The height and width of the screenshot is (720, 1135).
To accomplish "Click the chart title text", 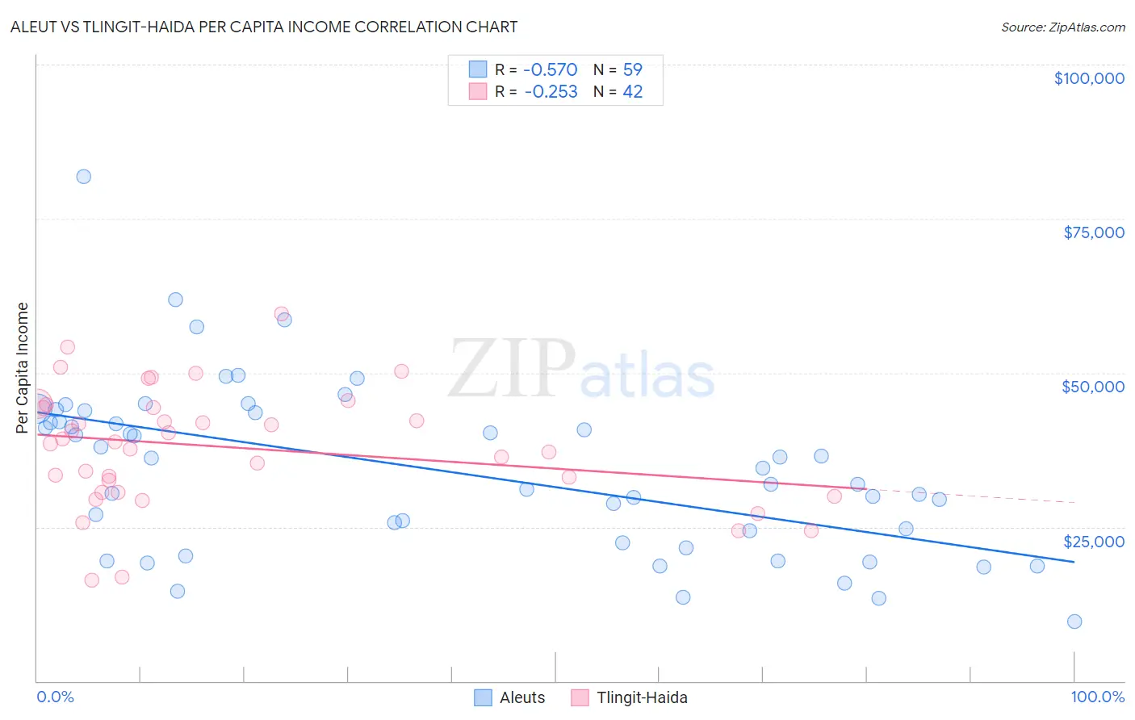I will pyautogui.click(x=264, y=27).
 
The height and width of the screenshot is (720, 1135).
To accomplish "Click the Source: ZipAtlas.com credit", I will pyautogui.click(x=1062, y=27).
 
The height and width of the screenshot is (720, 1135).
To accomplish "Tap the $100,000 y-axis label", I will pyautogui.click(x=1089, y=78).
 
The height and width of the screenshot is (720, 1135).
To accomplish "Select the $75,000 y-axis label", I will pyautogui.click(x=1093, y=232).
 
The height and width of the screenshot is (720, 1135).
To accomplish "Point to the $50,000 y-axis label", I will pyautogui.click(x=1092, y=387).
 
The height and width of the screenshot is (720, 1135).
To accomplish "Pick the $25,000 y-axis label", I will pyautogui.click(x=1093, y=541).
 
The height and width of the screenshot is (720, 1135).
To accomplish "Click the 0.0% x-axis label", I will pyautogui.click(x=55, y=697).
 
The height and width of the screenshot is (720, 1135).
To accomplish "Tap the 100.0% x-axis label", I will pyautogui.click(x=1097, y=697).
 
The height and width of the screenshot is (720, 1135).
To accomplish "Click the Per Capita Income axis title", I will pyautogui.click(x=23, y=367).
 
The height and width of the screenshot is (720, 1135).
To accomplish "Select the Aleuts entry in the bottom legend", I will pyautogui.click(x=521, y=697).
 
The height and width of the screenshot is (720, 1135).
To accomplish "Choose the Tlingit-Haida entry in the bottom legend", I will pyautogui.click(x=642, y=697).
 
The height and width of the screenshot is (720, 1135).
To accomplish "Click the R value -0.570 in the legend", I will pyautogui.click(x=551, y=69).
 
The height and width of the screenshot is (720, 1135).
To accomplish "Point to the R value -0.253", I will pyautogui.click(x=551, y=92).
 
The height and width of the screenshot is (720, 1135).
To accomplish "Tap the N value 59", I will pyautogui.click(x=632, y=69).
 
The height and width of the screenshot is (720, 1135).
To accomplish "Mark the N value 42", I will pyautogui.click(x=632, y=92).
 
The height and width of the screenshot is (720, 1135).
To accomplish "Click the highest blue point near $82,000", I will pyautogui.click(x=84, y=177).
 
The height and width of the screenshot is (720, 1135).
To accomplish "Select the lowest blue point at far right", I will pyautogui.click(x=1074, y=622).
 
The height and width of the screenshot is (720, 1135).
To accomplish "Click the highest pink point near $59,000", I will pyautogui.click(x=281, y=314).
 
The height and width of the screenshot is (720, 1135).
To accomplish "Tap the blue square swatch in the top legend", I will pyautogui.click(x=478, y=69).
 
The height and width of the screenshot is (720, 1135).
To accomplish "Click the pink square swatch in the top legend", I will pyautogui.click(x=478, y=92).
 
